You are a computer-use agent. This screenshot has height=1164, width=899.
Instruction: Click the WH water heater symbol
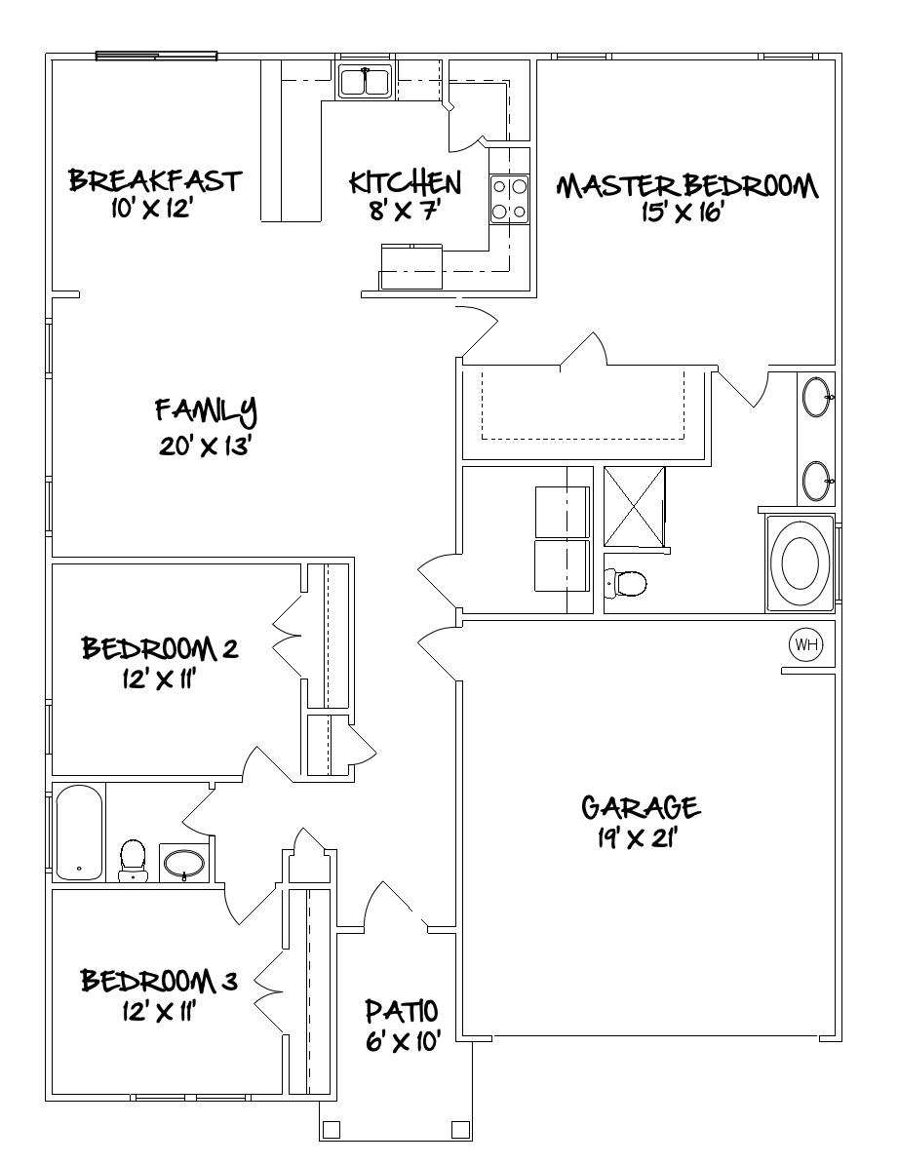pos(806,643)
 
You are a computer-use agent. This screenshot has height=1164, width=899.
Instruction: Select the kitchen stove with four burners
pos(509,198)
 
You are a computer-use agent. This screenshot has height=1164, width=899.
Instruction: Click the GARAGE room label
pos(640,807)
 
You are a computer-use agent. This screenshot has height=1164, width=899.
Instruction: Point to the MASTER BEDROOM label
pos(687,185)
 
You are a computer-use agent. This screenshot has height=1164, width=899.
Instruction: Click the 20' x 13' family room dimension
pos(206,446)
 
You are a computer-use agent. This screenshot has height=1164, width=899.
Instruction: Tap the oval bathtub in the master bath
pos(801,563)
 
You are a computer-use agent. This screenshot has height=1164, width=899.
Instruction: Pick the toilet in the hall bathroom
pos(132,859)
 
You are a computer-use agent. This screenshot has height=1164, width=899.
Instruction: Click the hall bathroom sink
pos(183,863)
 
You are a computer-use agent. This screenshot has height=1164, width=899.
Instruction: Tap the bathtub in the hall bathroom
pos(78,834)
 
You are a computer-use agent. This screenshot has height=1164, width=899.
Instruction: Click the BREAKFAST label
pos(154,181)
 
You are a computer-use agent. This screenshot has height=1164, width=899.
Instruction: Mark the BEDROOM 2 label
pos(160,648)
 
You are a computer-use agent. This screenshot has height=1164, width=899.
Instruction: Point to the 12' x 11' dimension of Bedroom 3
pos(158,1012)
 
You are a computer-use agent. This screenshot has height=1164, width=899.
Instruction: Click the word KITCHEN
pos(405,182)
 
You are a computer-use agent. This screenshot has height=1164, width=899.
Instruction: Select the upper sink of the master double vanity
pos(816,397)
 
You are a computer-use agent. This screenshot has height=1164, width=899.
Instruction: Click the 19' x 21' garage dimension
pos(639,838)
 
